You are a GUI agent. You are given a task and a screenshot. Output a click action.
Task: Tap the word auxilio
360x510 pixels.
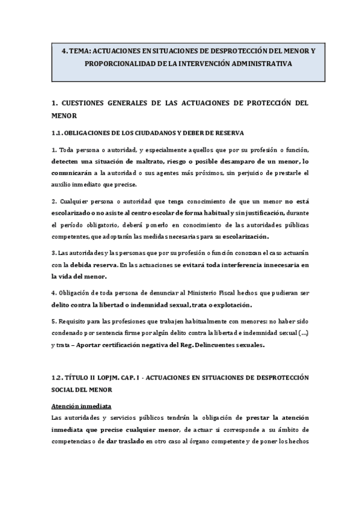[63, 184]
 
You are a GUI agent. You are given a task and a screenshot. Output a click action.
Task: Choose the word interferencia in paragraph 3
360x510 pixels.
[225, 265]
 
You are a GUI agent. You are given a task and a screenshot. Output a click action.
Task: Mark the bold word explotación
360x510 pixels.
[231, 304]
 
